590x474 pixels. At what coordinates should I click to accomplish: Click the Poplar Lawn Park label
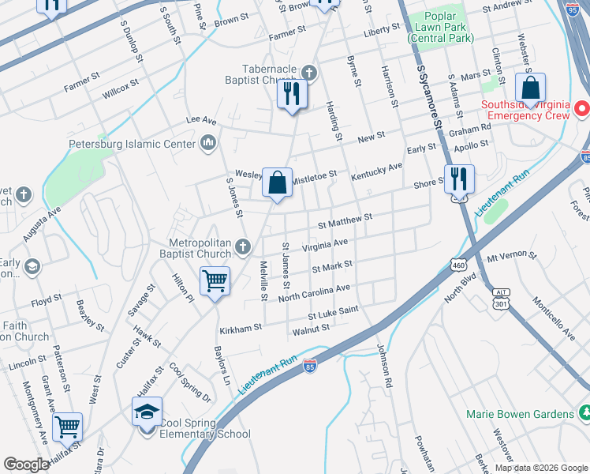446,27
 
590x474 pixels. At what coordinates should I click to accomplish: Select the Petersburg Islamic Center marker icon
209,143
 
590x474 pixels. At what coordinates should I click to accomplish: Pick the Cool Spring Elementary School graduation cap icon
147,412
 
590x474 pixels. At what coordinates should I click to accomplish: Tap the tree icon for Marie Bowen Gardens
585,413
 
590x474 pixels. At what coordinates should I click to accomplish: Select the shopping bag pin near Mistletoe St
277,183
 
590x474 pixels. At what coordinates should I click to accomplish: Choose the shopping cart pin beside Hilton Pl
215,280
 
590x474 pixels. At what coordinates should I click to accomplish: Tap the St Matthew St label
345,220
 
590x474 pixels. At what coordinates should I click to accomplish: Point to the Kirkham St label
242,326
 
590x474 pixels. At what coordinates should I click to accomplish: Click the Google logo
27,465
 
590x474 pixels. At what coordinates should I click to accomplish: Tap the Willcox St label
120,88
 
